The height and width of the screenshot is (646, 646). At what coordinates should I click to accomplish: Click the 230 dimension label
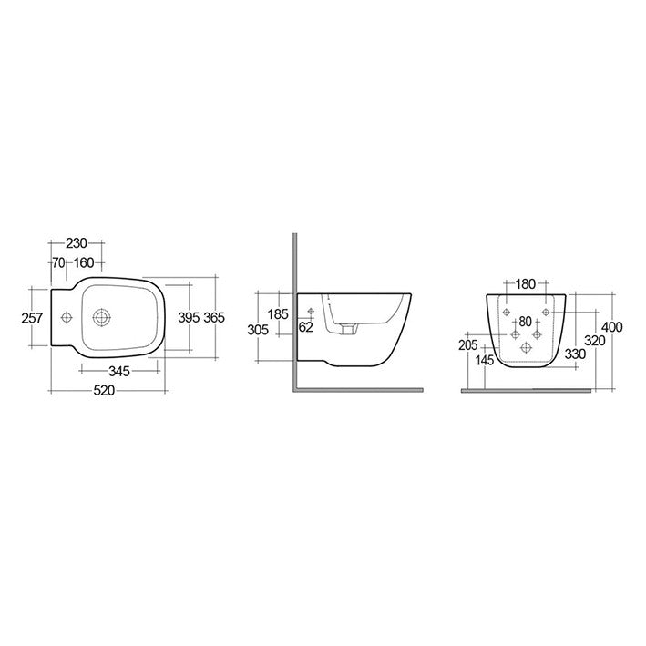tap(76, 243)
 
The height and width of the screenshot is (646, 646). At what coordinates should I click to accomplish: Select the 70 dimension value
tap(57, 263)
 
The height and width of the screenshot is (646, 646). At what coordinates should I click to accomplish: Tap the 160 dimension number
tap(84, 263)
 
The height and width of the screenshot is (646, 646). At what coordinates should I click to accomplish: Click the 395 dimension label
tap(188, 317)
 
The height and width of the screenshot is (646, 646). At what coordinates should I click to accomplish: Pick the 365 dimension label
tap(213, 317)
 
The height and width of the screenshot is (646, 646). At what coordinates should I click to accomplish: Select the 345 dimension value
tap(119, 371)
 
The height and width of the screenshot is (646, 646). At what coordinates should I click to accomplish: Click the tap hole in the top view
tap(66, 318)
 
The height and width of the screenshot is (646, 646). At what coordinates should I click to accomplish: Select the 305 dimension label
tap(258, 330)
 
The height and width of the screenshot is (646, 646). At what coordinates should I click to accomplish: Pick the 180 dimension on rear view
tap(526, 283)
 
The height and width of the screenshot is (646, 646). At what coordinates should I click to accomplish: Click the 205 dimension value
tap(468, 345)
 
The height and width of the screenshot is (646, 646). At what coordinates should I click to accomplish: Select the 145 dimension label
tap(485, 361)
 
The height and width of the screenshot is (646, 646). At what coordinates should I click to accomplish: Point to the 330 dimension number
tap(575, 354)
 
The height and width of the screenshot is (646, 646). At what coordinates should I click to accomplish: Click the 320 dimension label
tap(593, 340)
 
